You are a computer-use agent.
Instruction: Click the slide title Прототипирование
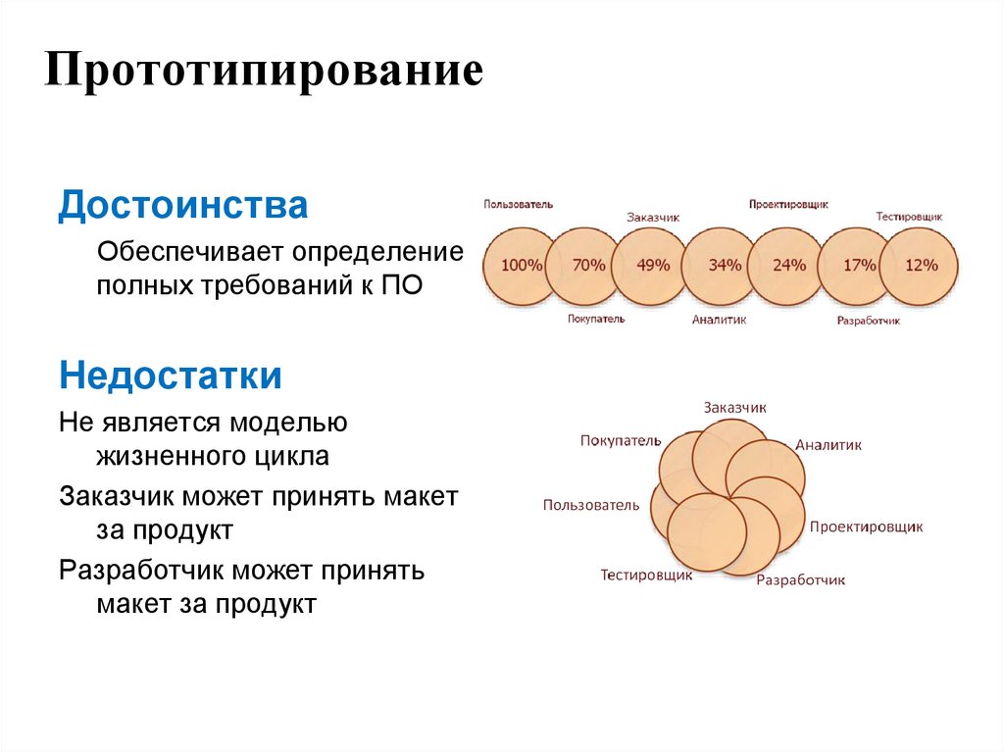tap(264, 75)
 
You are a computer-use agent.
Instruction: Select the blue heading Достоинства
tap(183, 206)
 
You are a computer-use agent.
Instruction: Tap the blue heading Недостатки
tap(171, 375)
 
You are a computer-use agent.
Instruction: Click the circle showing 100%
tap(521, 265)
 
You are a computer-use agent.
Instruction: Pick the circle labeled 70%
tap(588, 265)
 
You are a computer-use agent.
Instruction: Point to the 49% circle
tap(653, 265)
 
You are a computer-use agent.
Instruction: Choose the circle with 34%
tap(724, 265)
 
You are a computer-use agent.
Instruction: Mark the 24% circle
tap(788, 265)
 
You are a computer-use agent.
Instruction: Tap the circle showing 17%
tap(858, 265)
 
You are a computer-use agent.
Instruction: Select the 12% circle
tap(921, 265)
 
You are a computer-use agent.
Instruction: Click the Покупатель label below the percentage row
tap(595, 319)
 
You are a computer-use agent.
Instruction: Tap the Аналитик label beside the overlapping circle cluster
tap(828, 444)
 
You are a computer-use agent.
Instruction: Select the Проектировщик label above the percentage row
tap(788, 204)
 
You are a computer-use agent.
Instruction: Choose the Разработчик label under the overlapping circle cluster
tap(800, 579)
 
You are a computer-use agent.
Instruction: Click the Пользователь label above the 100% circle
tap(518, 204)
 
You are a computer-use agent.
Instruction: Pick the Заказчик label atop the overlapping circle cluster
tap(734, 407)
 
